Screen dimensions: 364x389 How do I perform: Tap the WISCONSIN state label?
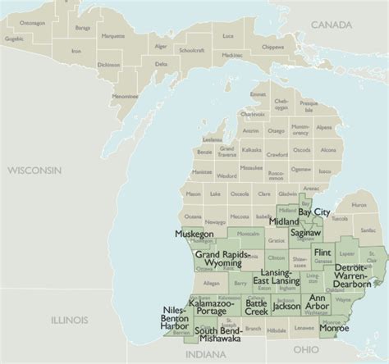36,170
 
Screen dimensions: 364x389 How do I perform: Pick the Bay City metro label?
314,212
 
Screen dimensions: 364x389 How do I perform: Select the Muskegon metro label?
194,234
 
